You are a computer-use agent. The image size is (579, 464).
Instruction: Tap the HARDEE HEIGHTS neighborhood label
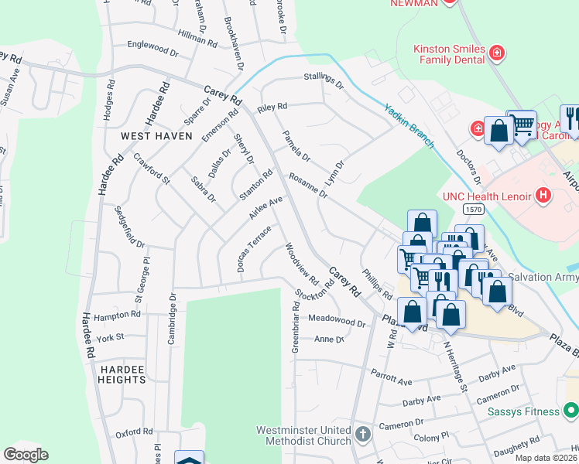pos(122,374)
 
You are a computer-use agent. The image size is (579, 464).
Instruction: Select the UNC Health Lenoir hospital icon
pos(543,195)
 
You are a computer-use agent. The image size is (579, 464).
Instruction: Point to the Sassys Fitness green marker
pos(570,411)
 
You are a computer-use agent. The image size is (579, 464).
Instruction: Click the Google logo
pos(26,455)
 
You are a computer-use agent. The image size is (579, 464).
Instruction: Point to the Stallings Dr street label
pos(324,80)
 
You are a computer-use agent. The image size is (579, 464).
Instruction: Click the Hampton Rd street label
pos(117,316)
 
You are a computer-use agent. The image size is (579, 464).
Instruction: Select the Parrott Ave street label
pos(391,381)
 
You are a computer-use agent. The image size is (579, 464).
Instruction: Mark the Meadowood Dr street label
pos(336,320)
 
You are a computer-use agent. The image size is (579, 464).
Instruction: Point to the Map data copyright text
pos(546,458)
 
